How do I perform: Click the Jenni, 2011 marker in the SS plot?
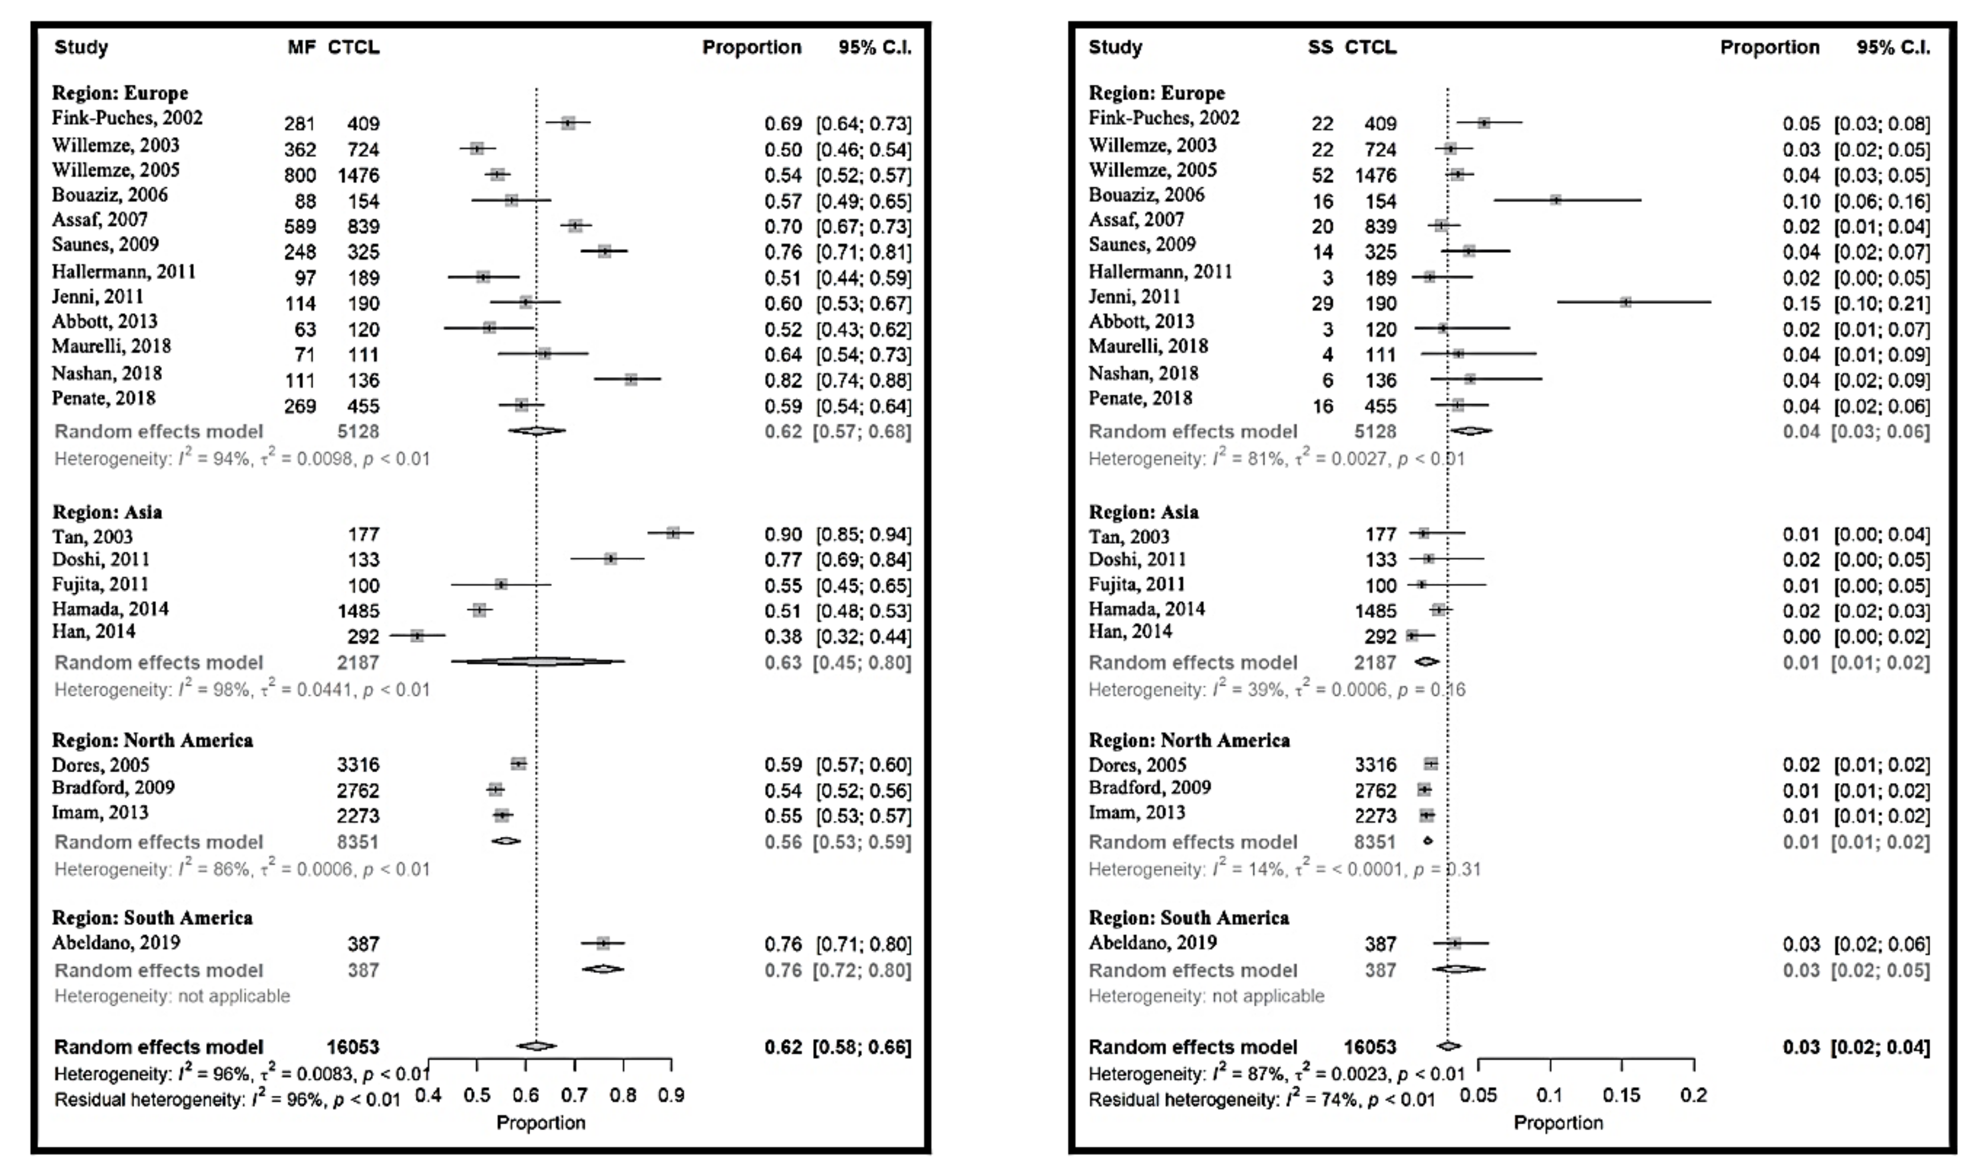1626,302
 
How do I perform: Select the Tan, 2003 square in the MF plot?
673,533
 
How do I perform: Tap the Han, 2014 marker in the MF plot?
417,635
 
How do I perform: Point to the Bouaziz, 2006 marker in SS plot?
1556,200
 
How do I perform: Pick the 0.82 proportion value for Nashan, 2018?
783,380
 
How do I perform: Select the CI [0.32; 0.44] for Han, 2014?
864,636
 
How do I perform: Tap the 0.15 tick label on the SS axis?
1621,1095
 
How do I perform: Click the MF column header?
301,47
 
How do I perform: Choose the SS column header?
1320,47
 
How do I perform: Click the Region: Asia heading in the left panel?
107,512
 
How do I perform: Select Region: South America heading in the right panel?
1188,918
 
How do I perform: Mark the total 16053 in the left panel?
353,1047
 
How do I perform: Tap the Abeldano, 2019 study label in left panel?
116,942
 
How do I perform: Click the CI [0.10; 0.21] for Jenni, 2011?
1881,304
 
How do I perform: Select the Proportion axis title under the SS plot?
1557,1122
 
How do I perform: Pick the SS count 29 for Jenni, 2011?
1322,304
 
